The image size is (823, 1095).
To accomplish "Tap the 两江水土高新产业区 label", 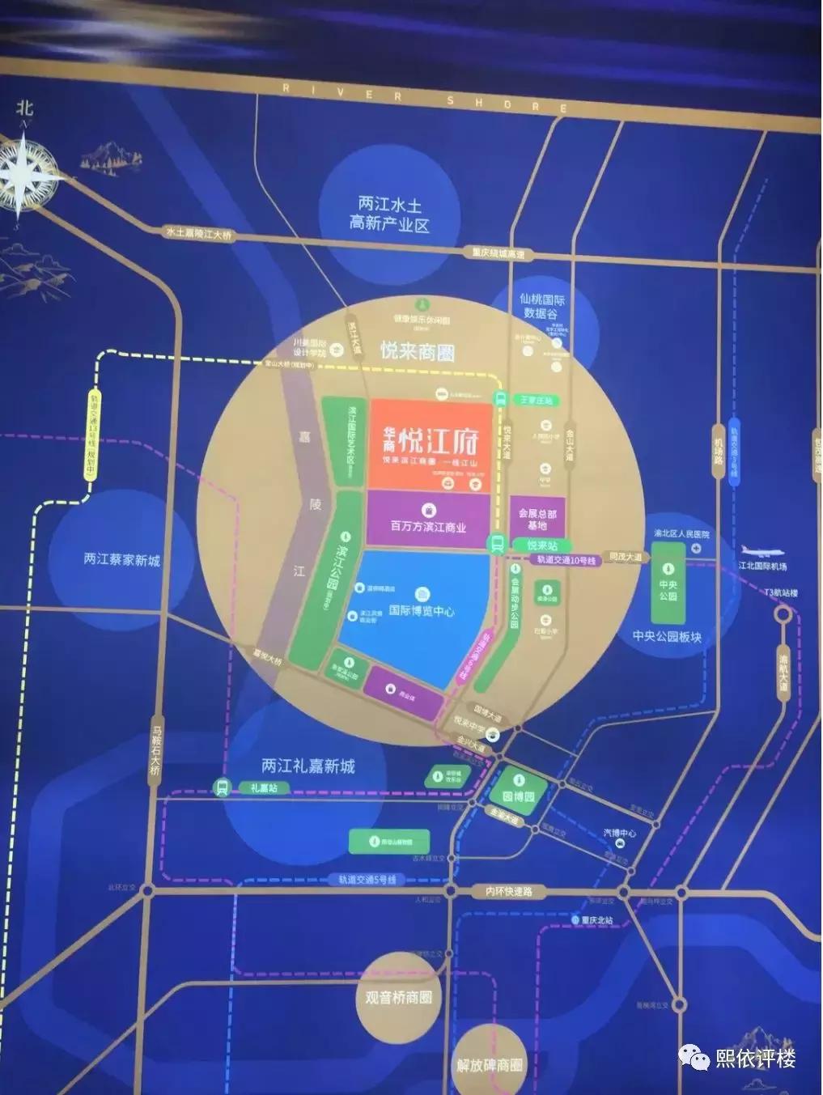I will pyautogui.click(x=389, y=214).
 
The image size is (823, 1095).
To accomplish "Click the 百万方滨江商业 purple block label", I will pyautogui.click(x=428, y=526).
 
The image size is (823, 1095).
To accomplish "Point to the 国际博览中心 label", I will pyautogui.click(x=422, y=611).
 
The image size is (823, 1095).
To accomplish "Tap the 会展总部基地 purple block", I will pyautogui.click(x=537, y=519).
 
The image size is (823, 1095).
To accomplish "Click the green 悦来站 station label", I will pyautogui.click(x=541, y=545).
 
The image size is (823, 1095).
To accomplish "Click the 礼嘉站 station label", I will pyautogui.click(x=264, y=787).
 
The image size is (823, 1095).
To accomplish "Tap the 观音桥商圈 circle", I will pyautogui.click(x=397, y=997).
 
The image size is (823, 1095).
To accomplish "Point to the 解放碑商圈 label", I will pyautogui.click(x=490, y=1065).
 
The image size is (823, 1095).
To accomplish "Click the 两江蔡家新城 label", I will pyautogui.click(x=122, y=559).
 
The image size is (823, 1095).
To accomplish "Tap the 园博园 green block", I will pyautogui.click(x=519, y=796).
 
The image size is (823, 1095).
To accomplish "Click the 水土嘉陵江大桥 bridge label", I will pyautogui.click(x=198, y=233).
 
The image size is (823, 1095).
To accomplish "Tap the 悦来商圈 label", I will pyautogui.click(x=418, y=351).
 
